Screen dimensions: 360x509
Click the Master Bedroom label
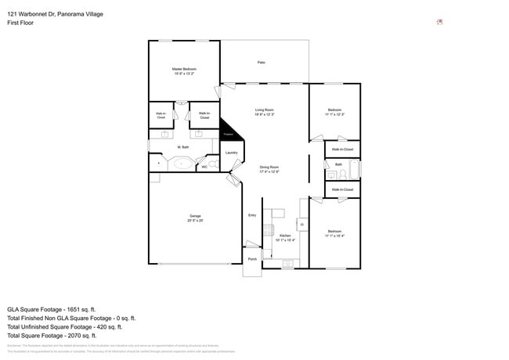(x=184, y=70)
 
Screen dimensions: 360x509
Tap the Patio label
(x=262, y=62)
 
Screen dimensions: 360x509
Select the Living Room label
(x=264, y=110)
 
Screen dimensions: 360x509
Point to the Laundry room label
(x=232, y=153)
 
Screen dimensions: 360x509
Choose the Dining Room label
(x=269, y=167)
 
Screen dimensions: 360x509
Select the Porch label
(x=252, y=259)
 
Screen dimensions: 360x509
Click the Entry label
(x=252, y=215)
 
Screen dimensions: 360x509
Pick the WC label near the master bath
(x=204, y=166)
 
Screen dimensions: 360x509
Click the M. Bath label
(x=184, y=147)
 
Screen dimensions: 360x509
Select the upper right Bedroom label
(x=334, y=110)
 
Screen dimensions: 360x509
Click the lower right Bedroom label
(x=334, y=232)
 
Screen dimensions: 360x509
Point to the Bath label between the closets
(x=339, y=164)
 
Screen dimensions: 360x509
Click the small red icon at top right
(x=439, y=22)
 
